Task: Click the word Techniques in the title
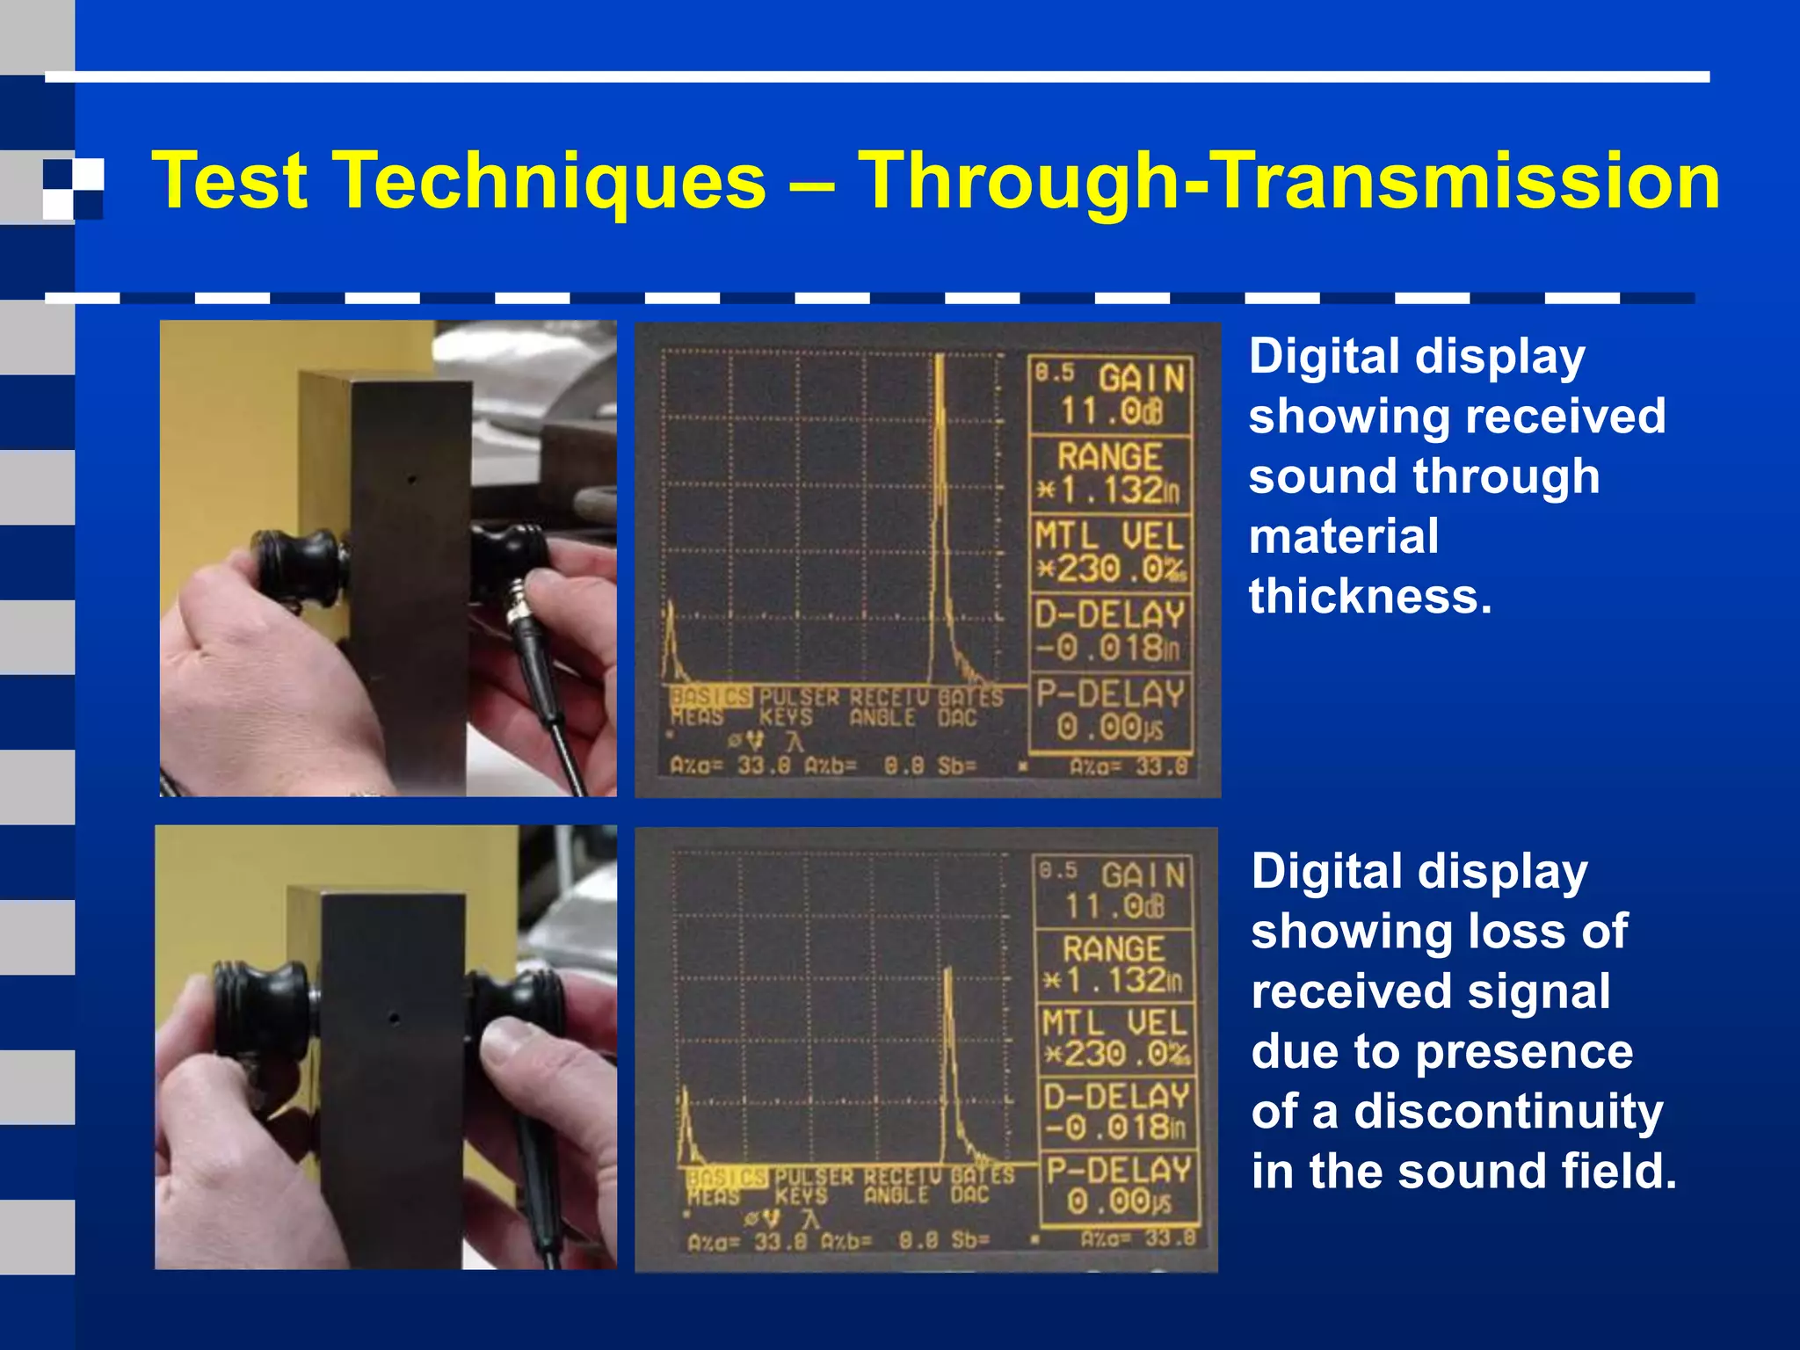(551, 180)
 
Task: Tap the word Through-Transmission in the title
(1288, 180)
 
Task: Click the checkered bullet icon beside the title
(73, 187)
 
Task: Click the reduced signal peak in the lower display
(948, 1055)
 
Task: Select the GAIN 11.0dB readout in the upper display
(1111, 395)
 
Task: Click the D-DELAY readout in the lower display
(1116, 1111)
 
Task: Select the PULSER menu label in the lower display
(813, 1176)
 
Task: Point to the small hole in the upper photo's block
(410, 480)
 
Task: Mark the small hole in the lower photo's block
(394, 1020)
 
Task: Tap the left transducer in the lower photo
(263, 1011)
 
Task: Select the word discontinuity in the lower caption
(1508, 1111)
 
